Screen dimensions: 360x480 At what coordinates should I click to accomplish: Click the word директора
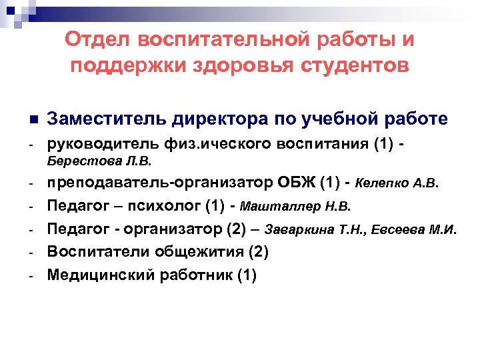coord(218,119)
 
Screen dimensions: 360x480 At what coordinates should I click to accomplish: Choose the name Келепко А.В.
coord(399,183)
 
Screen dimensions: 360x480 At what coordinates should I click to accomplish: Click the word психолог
coord(160,206)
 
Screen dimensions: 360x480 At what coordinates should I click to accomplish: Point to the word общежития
coord(190,253)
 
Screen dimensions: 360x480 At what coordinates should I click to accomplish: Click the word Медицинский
coord(99,275)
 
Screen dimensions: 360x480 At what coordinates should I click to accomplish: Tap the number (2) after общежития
coord(256,253)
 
